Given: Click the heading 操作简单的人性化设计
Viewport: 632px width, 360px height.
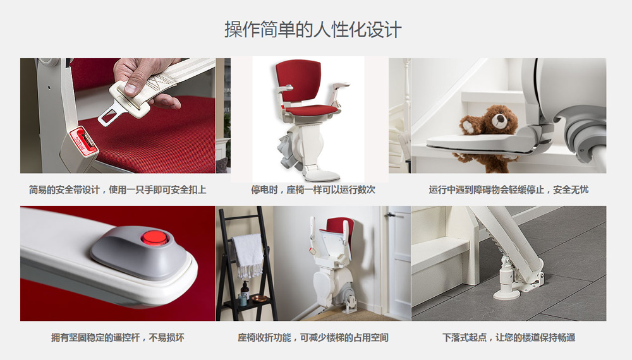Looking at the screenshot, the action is tap(313, 30).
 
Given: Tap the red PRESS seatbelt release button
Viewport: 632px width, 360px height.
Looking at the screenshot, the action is tap(83, 141).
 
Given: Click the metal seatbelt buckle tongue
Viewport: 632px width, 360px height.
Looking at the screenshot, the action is tap(111, 113).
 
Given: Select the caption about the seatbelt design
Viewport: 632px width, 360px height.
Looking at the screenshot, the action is tap(118, 189).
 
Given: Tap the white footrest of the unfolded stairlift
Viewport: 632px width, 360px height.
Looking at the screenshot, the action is tap(321, 175).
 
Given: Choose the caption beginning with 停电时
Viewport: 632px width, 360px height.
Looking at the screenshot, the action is tap(313, 189).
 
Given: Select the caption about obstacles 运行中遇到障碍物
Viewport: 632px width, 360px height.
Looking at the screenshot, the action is tap(509, 189).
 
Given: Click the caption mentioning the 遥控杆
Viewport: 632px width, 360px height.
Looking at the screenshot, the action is tap(118, 337).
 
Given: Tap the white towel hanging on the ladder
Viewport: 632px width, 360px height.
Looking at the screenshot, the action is tap(248, 255).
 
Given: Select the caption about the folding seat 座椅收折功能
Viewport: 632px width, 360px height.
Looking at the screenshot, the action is tap(313, 337).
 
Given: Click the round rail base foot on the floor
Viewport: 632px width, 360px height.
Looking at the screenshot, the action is tap(506, 293).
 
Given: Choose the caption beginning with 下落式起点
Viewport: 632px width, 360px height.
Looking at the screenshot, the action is tap(509, 337).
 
